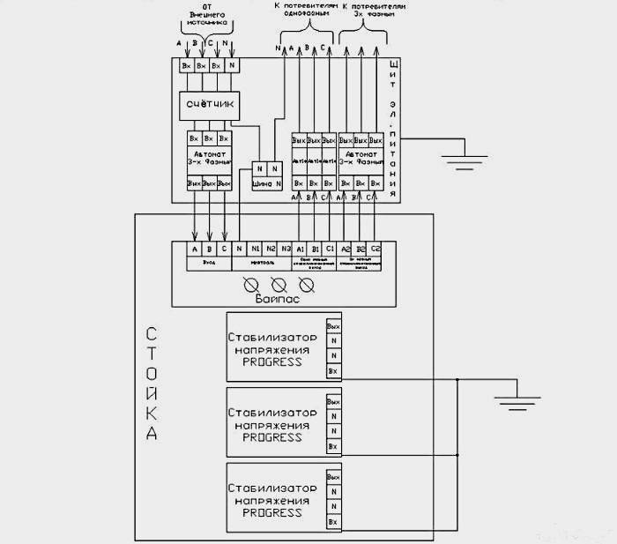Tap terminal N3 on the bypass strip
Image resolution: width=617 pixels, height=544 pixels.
point(286,250)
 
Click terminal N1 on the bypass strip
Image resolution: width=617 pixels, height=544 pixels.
point(255,250)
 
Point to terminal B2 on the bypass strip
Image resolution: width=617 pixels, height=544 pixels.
point(360,250)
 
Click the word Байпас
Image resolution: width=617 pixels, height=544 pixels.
point(278,300)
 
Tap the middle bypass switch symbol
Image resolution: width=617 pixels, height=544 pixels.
point(278,284)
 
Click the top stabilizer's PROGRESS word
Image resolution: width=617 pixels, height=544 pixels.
point(272,361)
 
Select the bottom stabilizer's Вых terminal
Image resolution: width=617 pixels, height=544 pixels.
point(332,477)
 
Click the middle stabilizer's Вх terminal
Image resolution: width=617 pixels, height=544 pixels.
point(332,447)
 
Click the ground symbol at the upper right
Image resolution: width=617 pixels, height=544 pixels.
point(460,159)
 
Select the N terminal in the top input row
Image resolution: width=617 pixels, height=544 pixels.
point(232,65)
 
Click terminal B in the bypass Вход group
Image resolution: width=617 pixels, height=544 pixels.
point(209,250)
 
